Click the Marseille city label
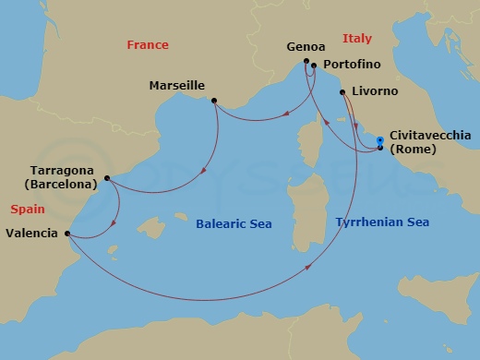click(176, 86)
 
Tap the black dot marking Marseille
click(214, 101)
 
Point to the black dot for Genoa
click(306, 63)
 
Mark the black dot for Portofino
click(315, 66)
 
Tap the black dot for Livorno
click(345, 92)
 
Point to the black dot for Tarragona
click(107, 178)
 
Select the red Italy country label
click(356, 38)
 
